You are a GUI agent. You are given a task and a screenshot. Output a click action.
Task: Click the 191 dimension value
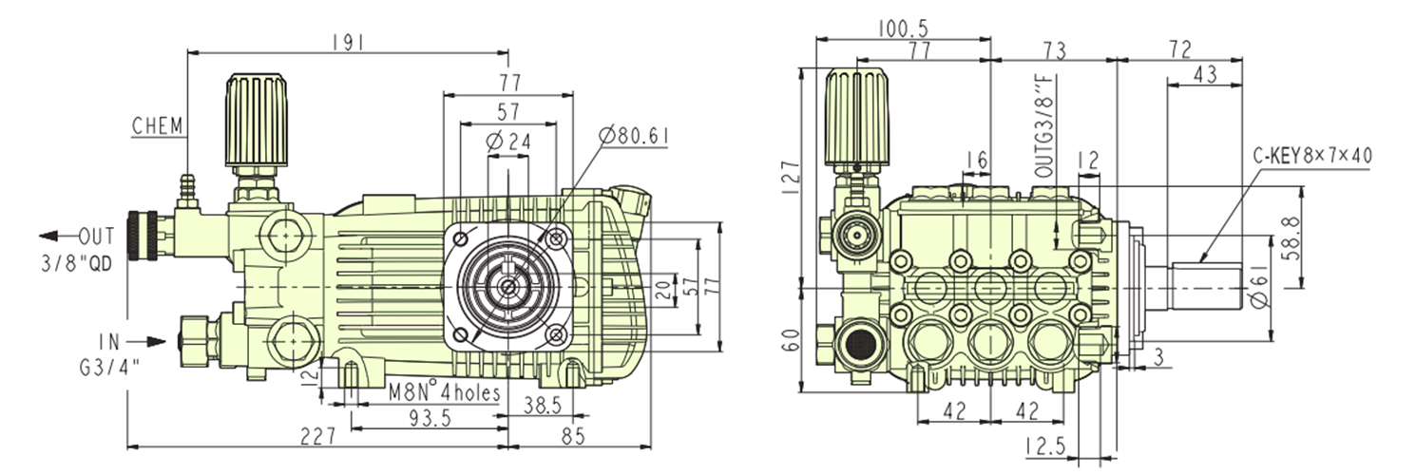(347, 42)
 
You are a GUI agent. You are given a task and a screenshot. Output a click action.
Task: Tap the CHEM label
(157, 126)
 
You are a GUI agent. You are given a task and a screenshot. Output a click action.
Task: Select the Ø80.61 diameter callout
(634, 136)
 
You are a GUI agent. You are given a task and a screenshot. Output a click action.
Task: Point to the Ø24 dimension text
(507, 142)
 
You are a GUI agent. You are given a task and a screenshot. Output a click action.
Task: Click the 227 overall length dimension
(317, 435)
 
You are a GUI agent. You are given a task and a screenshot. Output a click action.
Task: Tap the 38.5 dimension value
(543, 404)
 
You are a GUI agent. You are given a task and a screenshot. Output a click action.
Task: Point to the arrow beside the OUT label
(55, 236)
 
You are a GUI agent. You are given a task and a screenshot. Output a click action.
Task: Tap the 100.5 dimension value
(901, 28)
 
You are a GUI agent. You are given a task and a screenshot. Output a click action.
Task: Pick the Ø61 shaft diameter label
(1257, 285)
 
